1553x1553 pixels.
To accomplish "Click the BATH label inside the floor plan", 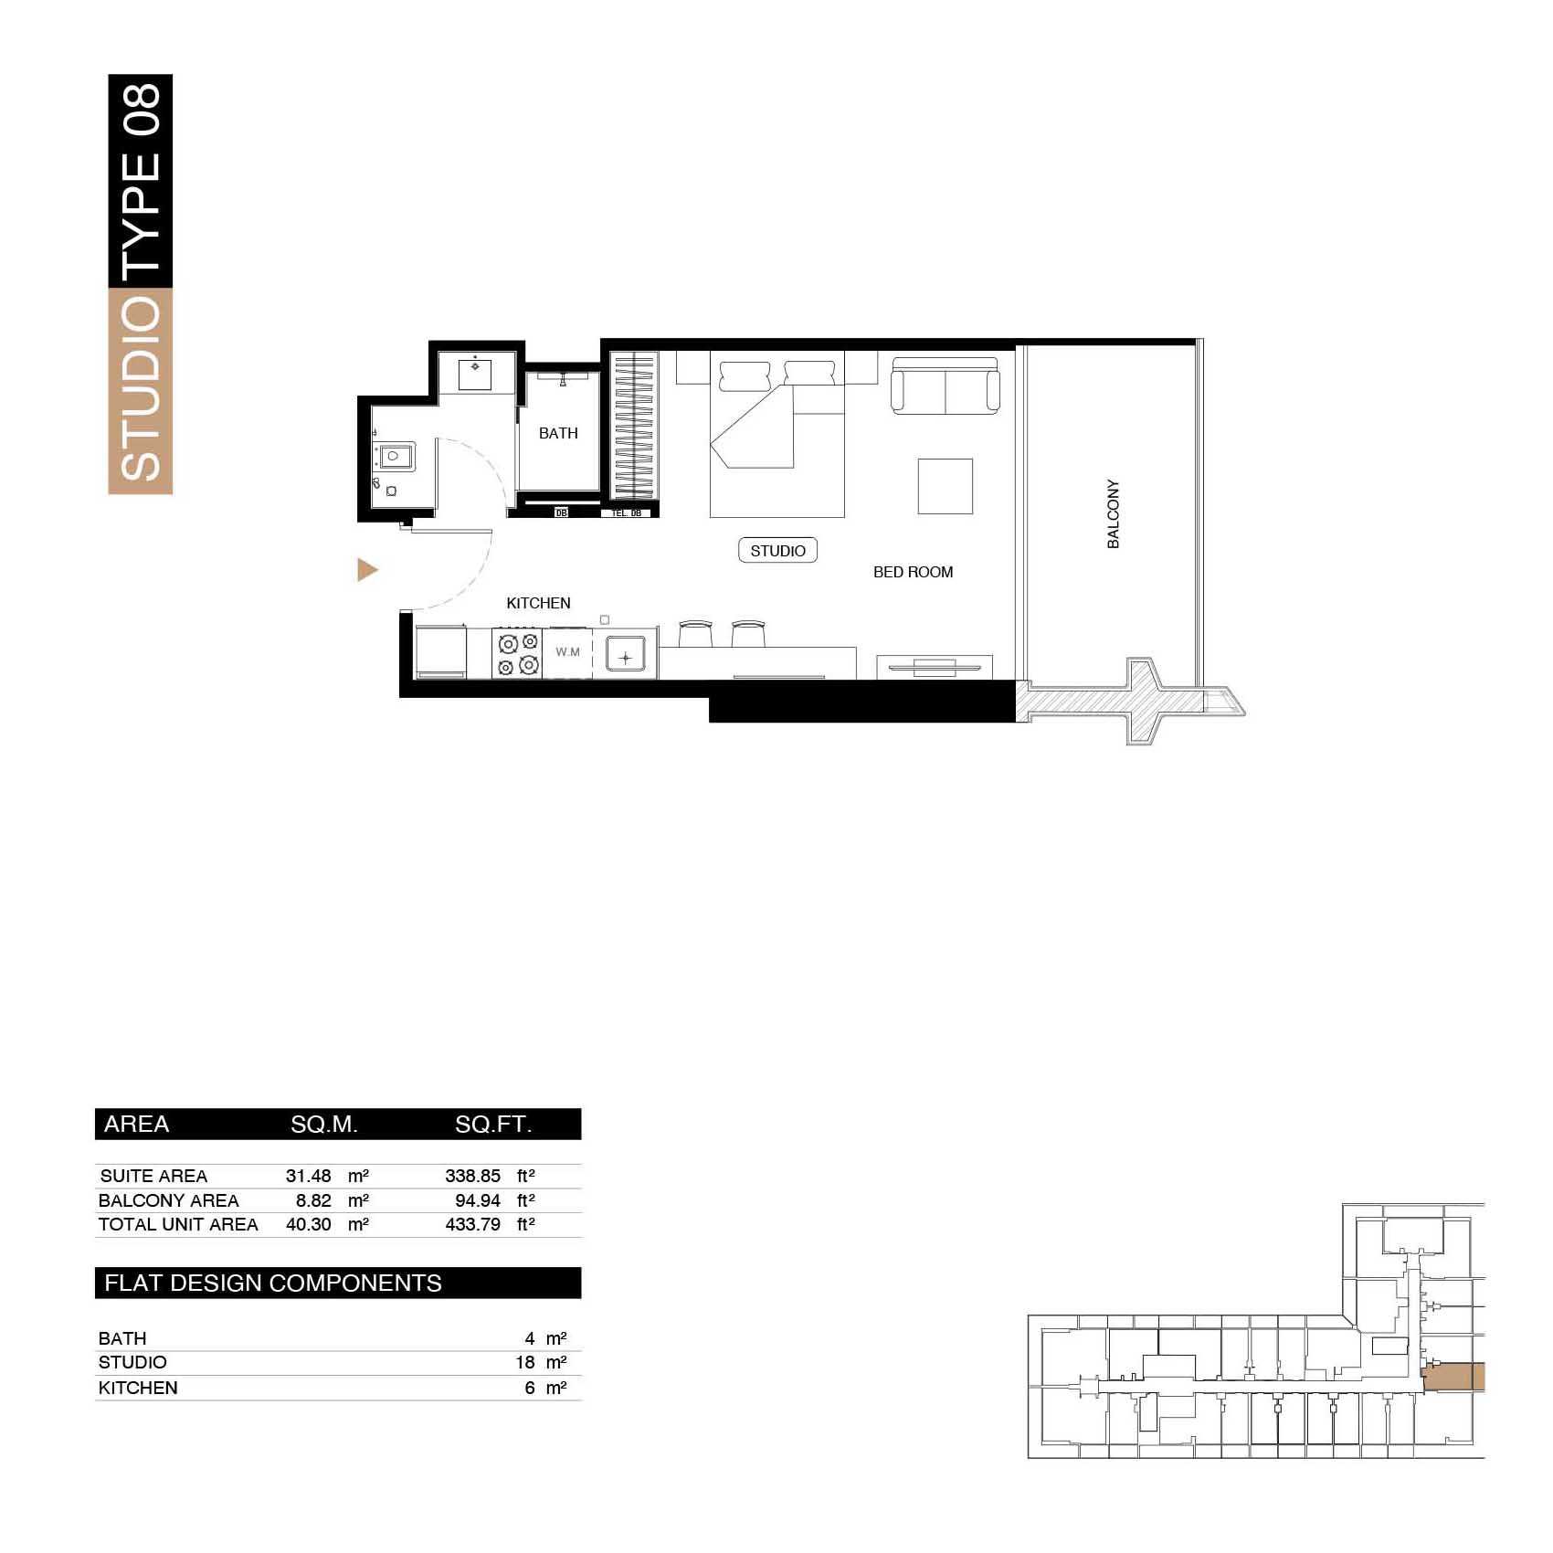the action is [558, 433].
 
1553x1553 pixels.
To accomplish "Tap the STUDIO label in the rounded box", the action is [777, 551].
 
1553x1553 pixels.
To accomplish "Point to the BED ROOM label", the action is [913, 572].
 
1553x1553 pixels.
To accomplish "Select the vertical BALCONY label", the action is [1113, 513].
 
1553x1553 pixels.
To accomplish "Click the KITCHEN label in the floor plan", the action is [538, 603].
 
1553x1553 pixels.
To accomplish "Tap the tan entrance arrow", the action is [367, 570].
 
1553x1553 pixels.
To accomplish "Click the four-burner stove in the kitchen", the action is [517, 653].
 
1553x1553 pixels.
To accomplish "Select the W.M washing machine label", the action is [567, 652].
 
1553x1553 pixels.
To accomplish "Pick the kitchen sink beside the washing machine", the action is [626, 655].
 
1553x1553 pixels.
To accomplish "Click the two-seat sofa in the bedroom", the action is [946, 386].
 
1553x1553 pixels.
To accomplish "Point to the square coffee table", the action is [946, 486].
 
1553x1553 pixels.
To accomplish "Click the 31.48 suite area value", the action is [308, 1176].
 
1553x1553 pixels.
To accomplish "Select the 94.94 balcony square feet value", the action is [477, 1200].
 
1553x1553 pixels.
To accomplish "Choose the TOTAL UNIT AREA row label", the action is [178, 1224].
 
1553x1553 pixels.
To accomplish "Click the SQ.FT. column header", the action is [493, 1125].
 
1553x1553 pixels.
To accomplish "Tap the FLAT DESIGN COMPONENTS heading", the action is [272, 1283].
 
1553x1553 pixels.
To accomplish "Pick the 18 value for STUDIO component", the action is [525, 1362].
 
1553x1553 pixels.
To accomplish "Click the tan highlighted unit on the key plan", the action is [1454, 1377].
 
